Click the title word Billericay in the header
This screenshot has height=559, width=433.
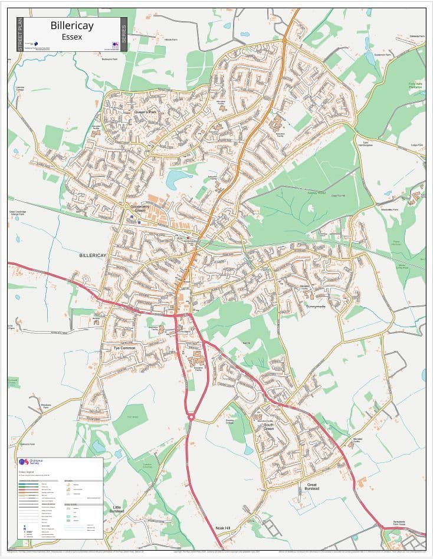pos(71,26)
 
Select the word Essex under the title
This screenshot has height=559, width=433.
pos(71,37)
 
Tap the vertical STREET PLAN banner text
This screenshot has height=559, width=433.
pos(20,34)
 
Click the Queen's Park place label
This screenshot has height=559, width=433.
pos(145,111)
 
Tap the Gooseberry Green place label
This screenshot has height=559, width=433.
pos(141,208)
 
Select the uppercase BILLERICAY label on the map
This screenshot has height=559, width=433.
pos(93,255)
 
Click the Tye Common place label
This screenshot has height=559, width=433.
pos(124,348)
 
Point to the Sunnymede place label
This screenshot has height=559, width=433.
pos(316,307)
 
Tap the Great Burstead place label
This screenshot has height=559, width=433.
pos(311,486)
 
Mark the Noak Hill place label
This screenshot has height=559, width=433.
pos(222,528)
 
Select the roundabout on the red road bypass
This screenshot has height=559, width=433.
pos(191,417)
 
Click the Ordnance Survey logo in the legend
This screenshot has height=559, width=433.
pos(29,463)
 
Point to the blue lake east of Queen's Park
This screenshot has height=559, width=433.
pos(175,178)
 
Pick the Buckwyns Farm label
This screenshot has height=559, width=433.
pos(110,60)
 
